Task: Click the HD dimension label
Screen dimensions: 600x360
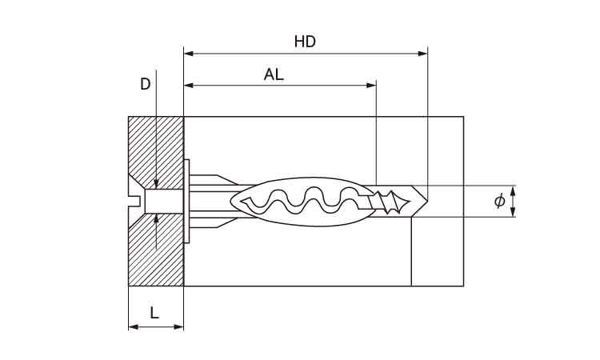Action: point(305,42)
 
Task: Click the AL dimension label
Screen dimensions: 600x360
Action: point(274,74)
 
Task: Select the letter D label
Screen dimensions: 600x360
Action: point(145,84)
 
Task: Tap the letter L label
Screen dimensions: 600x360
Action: point(154,314)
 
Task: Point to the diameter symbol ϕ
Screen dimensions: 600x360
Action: point(499,201)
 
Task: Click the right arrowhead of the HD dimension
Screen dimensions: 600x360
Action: point(423,54)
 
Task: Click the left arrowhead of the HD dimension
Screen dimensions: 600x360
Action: point(189,54)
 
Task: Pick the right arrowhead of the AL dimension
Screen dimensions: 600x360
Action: point(371,85)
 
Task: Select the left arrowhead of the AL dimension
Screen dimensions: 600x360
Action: point(189,85)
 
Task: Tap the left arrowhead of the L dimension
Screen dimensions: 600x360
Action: point(133,326)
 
